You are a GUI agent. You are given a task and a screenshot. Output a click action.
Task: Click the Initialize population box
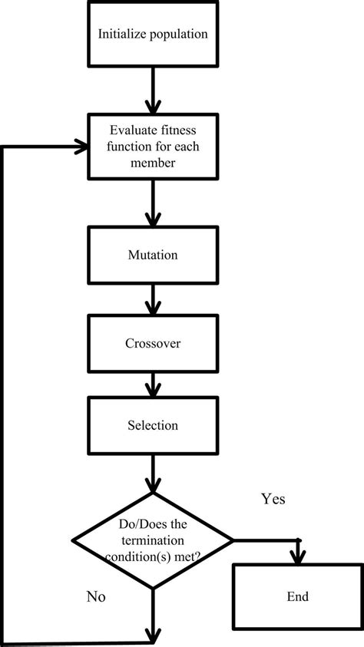coord(153,35)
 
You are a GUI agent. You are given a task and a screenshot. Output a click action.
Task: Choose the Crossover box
coord(153,344)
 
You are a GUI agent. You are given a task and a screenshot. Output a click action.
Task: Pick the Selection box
coord(153,424)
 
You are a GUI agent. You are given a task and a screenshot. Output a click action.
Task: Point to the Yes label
coord(273,500)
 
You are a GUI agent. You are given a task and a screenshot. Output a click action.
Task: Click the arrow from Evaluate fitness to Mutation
coord(153,203)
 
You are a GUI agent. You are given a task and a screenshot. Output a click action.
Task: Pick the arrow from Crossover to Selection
coord(153,385)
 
